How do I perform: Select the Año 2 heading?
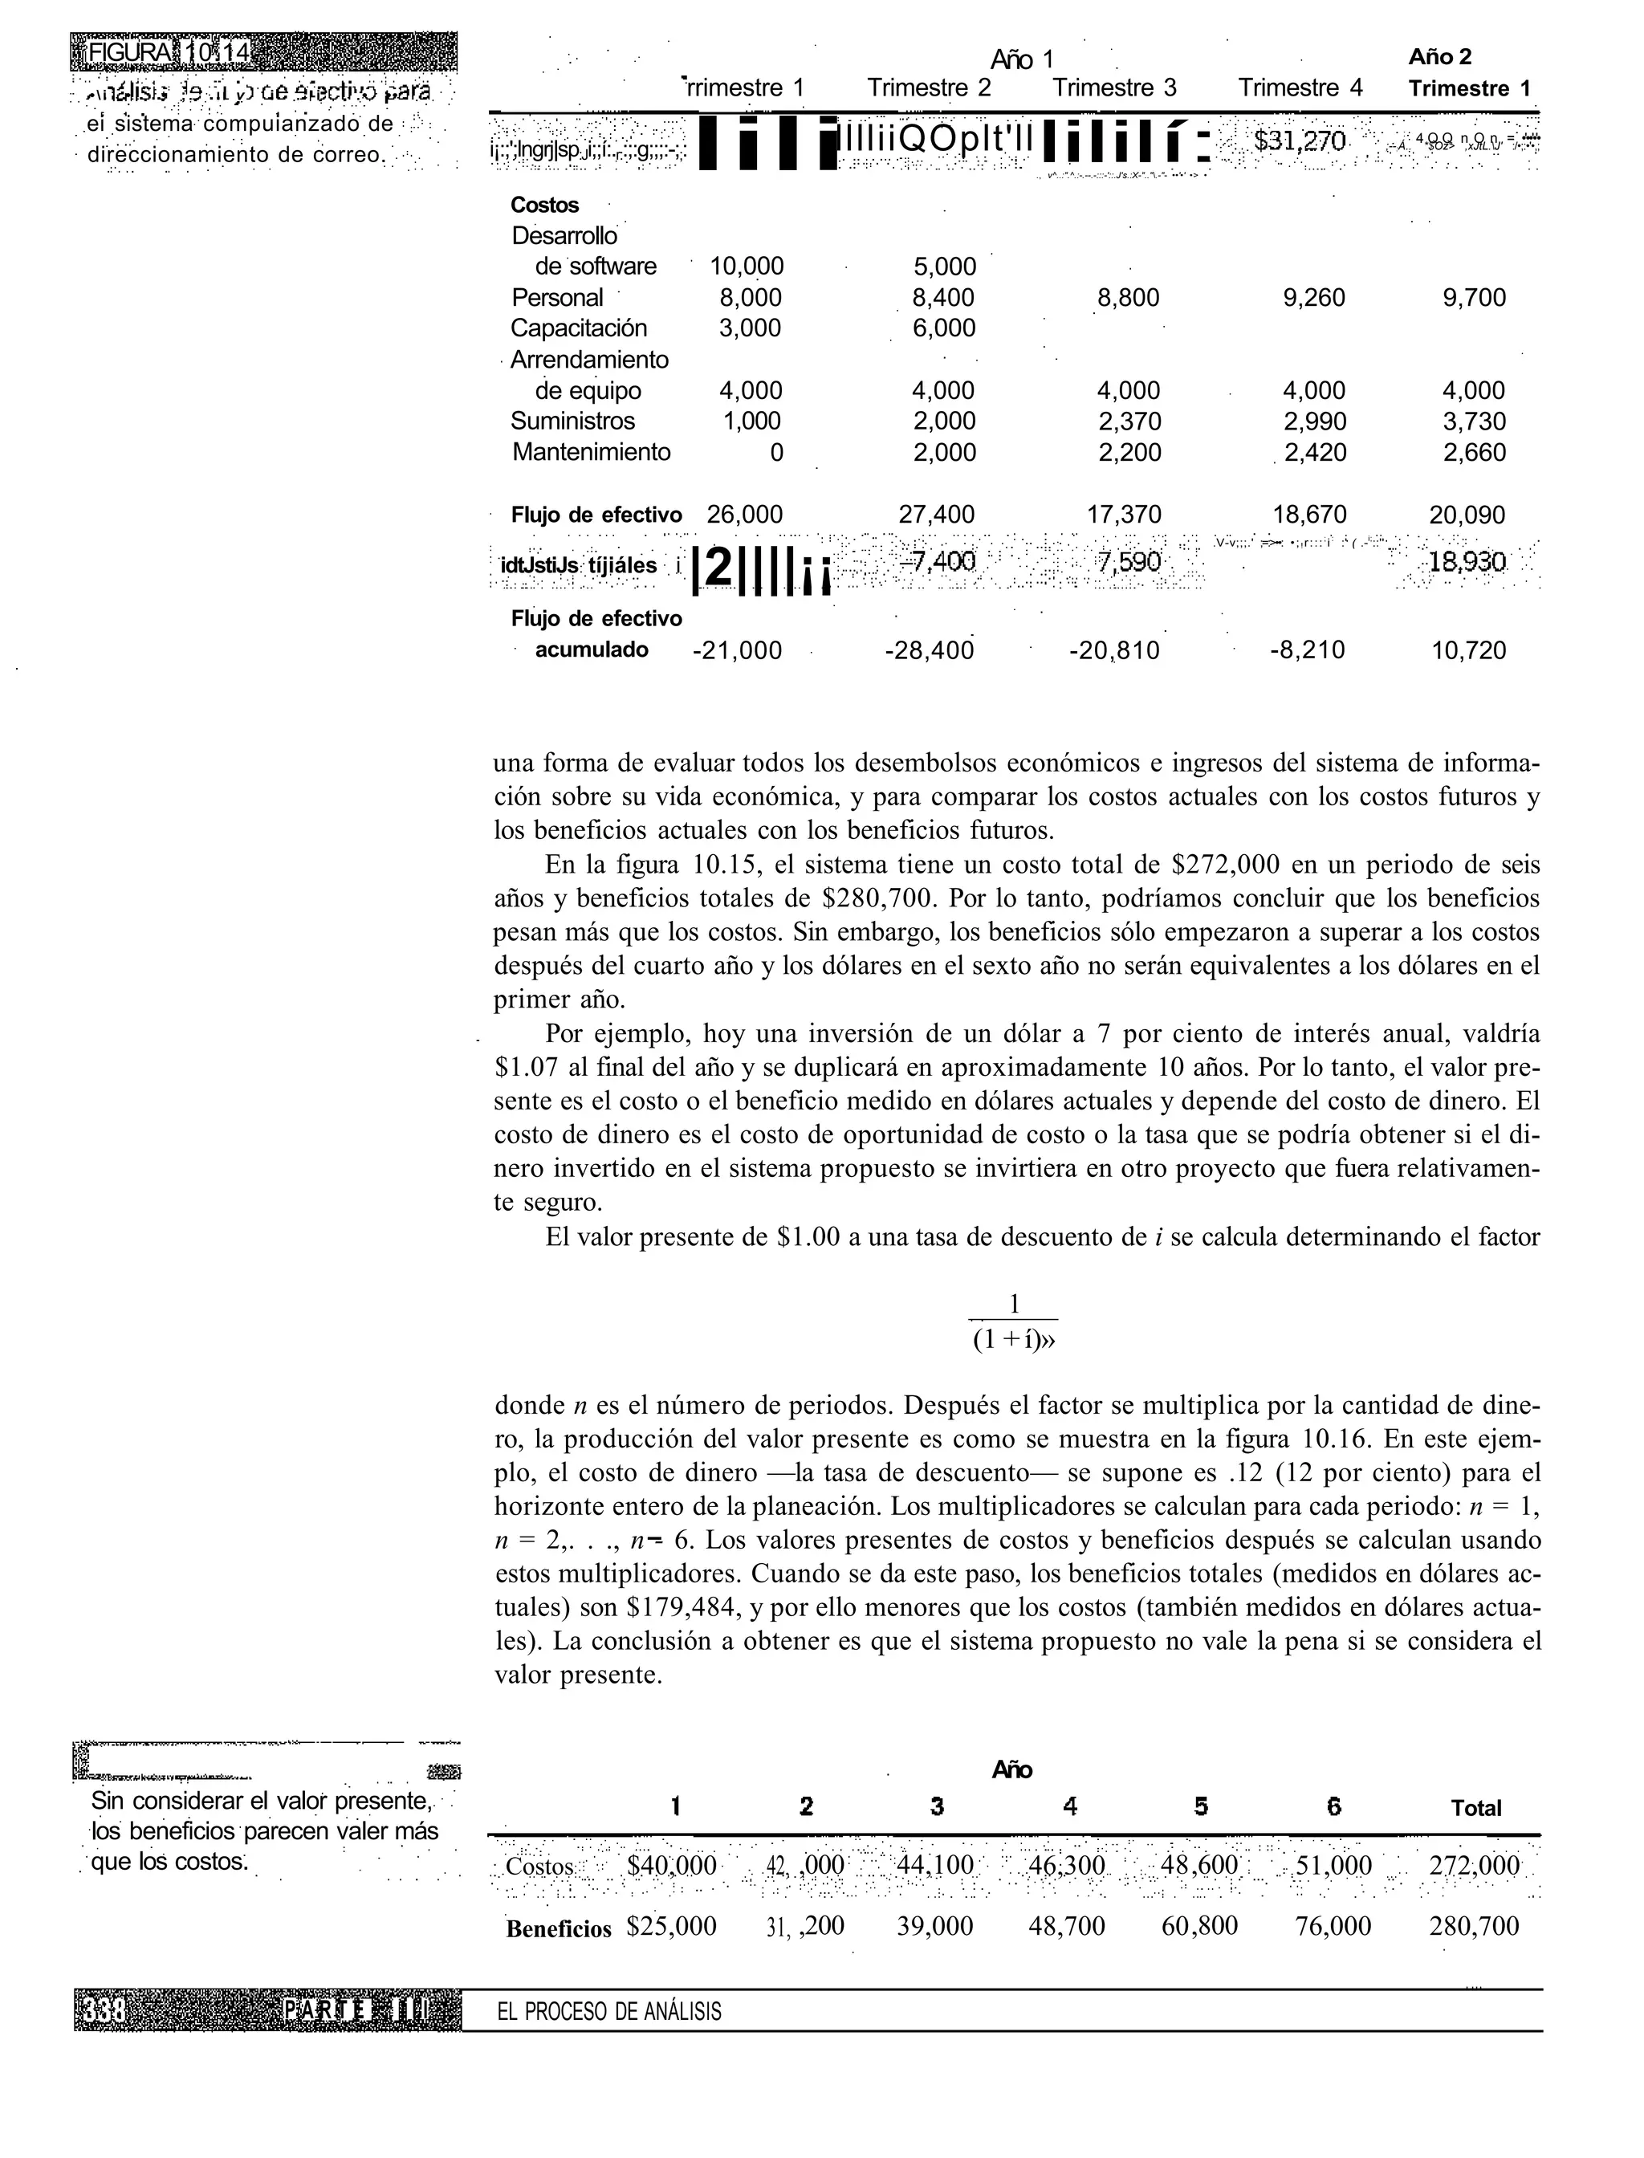click(1439, 58)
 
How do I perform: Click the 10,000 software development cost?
click(747, 267)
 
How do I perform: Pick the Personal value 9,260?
click(1313, 298)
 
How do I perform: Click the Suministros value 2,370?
click(1129, 421)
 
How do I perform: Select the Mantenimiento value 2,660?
click(1474, 452)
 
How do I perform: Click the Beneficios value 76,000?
click(1333, 1927)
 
